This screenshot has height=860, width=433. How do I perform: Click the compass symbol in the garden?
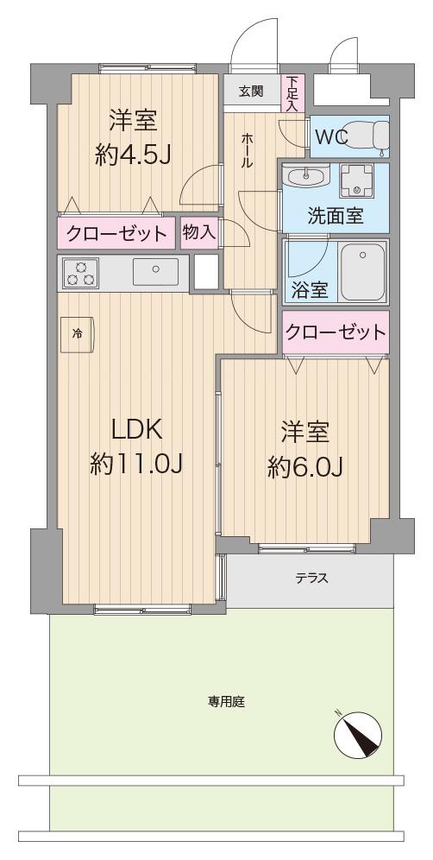tap(357, 734)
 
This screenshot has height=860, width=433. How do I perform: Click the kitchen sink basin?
tap(155, 271)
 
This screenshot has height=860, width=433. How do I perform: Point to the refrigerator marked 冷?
tap(77, 334)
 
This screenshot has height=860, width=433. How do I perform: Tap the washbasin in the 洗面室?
tap(306, 176)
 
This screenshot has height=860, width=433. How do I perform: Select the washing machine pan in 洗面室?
tap(357, 181)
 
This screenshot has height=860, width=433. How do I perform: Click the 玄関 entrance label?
tap(250, 91)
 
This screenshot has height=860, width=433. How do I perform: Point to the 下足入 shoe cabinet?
tap(292, 94)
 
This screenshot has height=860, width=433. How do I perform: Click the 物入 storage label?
tap(198, 232)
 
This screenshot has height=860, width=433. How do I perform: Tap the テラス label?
tap(312, 578)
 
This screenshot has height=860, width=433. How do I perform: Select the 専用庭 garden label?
tap(226, 701)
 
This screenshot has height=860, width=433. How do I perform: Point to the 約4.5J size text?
tap(133, 155)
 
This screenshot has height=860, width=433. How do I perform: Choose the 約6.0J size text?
tap(305, 467)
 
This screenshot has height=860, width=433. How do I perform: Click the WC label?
tap(331, 138)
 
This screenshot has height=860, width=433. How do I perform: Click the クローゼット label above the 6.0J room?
tap(336, 332)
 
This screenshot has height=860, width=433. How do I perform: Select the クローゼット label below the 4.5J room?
tap(116, 234)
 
